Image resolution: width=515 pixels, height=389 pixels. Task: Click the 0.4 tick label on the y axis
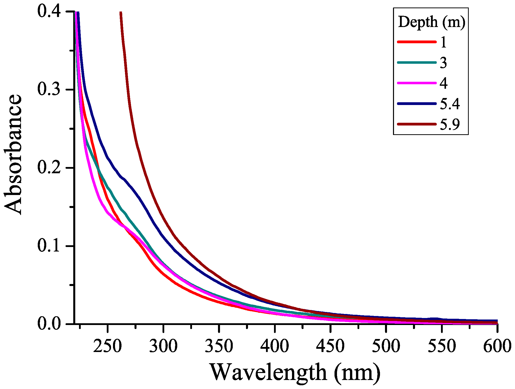coord(49,12)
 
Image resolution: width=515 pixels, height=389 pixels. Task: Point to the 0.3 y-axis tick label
coord(49,90)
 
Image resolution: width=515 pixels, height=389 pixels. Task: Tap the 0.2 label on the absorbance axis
coord(49,168)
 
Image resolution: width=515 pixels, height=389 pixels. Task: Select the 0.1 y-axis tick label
coord(49,246)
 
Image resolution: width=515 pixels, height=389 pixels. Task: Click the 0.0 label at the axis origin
coord(49,324)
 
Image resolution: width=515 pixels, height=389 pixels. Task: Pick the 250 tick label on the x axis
coord(107,346)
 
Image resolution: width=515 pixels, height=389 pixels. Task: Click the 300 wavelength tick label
coord(163,346)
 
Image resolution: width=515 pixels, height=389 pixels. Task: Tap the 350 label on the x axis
coord(219,346)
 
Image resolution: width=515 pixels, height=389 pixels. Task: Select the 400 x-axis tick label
coord(275,346)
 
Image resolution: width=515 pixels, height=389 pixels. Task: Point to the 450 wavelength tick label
coord(330,346)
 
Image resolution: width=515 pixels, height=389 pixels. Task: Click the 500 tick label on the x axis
coord(386,346)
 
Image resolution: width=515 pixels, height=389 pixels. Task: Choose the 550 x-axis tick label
coord(442,346)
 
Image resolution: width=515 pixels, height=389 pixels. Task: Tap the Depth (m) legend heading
coord(431,22)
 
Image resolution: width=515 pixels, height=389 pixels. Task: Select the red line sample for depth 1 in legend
coord(416,42)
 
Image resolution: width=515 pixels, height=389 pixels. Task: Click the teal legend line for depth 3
coord(416,62)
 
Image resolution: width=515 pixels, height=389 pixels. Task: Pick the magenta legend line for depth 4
coord(416,83)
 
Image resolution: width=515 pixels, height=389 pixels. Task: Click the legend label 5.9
coord(449,124)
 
